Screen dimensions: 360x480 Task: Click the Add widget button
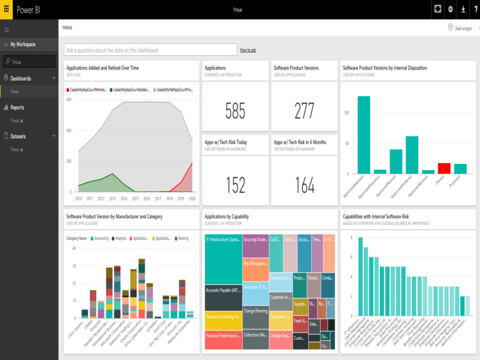(x=460, y=28)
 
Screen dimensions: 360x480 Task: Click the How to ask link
(x=248, y=50)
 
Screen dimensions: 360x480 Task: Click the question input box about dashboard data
(x=150, y=50)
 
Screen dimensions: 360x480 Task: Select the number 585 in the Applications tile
(x=235, y=111)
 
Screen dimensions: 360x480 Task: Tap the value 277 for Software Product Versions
(x=304, y=111)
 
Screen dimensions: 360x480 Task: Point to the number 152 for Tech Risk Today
(x=235, y=185)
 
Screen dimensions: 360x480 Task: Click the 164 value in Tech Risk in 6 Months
(x=304, y=185)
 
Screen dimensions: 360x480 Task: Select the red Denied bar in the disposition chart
(x=444, y=168)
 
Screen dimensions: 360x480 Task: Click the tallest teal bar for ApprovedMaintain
(x=364, y=135)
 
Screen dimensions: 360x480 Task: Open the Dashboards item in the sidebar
(x=20, y=79)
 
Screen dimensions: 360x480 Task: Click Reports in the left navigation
(x=17, y=107)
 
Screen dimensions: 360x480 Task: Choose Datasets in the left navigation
(x=19, y=136)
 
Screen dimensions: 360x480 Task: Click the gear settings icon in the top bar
(x=450, y=9)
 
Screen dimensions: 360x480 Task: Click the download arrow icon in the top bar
(x=462, y=9)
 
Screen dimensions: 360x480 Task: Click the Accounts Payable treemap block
(x=223, y=298)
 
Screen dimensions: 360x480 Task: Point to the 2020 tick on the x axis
(x=192, y=198)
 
